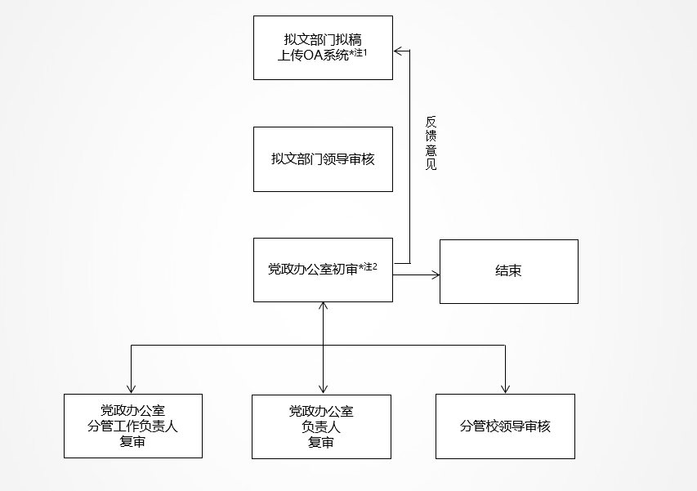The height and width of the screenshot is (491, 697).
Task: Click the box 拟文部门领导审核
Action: (x=323, y=159)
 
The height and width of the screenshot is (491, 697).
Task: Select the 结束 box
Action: (x=509, y=271)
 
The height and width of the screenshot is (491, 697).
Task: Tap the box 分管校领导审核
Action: (x=505, y=426)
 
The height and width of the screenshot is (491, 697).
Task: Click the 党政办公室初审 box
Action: (x=323, y=270)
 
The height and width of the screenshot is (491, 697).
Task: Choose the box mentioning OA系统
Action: (x=323, y=48)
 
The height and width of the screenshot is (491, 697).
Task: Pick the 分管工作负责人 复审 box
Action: (x=133, y=426)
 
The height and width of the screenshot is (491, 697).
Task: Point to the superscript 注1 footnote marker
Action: (x=360, y=53)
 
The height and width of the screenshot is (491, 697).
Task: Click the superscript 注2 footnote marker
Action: (x=370, y=267)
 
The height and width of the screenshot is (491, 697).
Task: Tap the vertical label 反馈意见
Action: (x=431, y=143)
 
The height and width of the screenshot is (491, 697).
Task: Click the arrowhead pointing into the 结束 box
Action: (x=436, y=275)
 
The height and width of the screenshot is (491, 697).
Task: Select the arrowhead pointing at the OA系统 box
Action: (x=398, y=51)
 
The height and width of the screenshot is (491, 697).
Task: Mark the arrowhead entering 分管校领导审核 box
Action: (x=505, y=389)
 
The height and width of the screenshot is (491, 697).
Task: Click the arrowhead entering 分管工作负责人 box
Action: (x=131, y=389)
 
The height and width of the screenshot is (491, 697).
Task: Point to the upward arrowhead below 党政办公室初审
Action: (x=323, y=306)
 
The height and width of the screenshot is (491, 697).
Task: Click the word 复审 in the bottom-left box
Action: (x=132, y=441)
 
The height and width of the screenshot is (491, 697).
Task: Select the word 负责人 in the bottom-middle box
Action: (x=321, y=427)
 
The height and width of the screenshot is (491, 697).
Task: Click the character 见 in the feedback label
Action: (x=431, y=164)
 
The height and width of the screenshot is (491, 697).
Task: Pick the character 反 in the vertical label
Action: (x=431, y=122)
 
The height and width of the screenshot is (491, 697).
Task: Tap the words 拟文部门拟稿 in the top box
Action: (x=323, y=40)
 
